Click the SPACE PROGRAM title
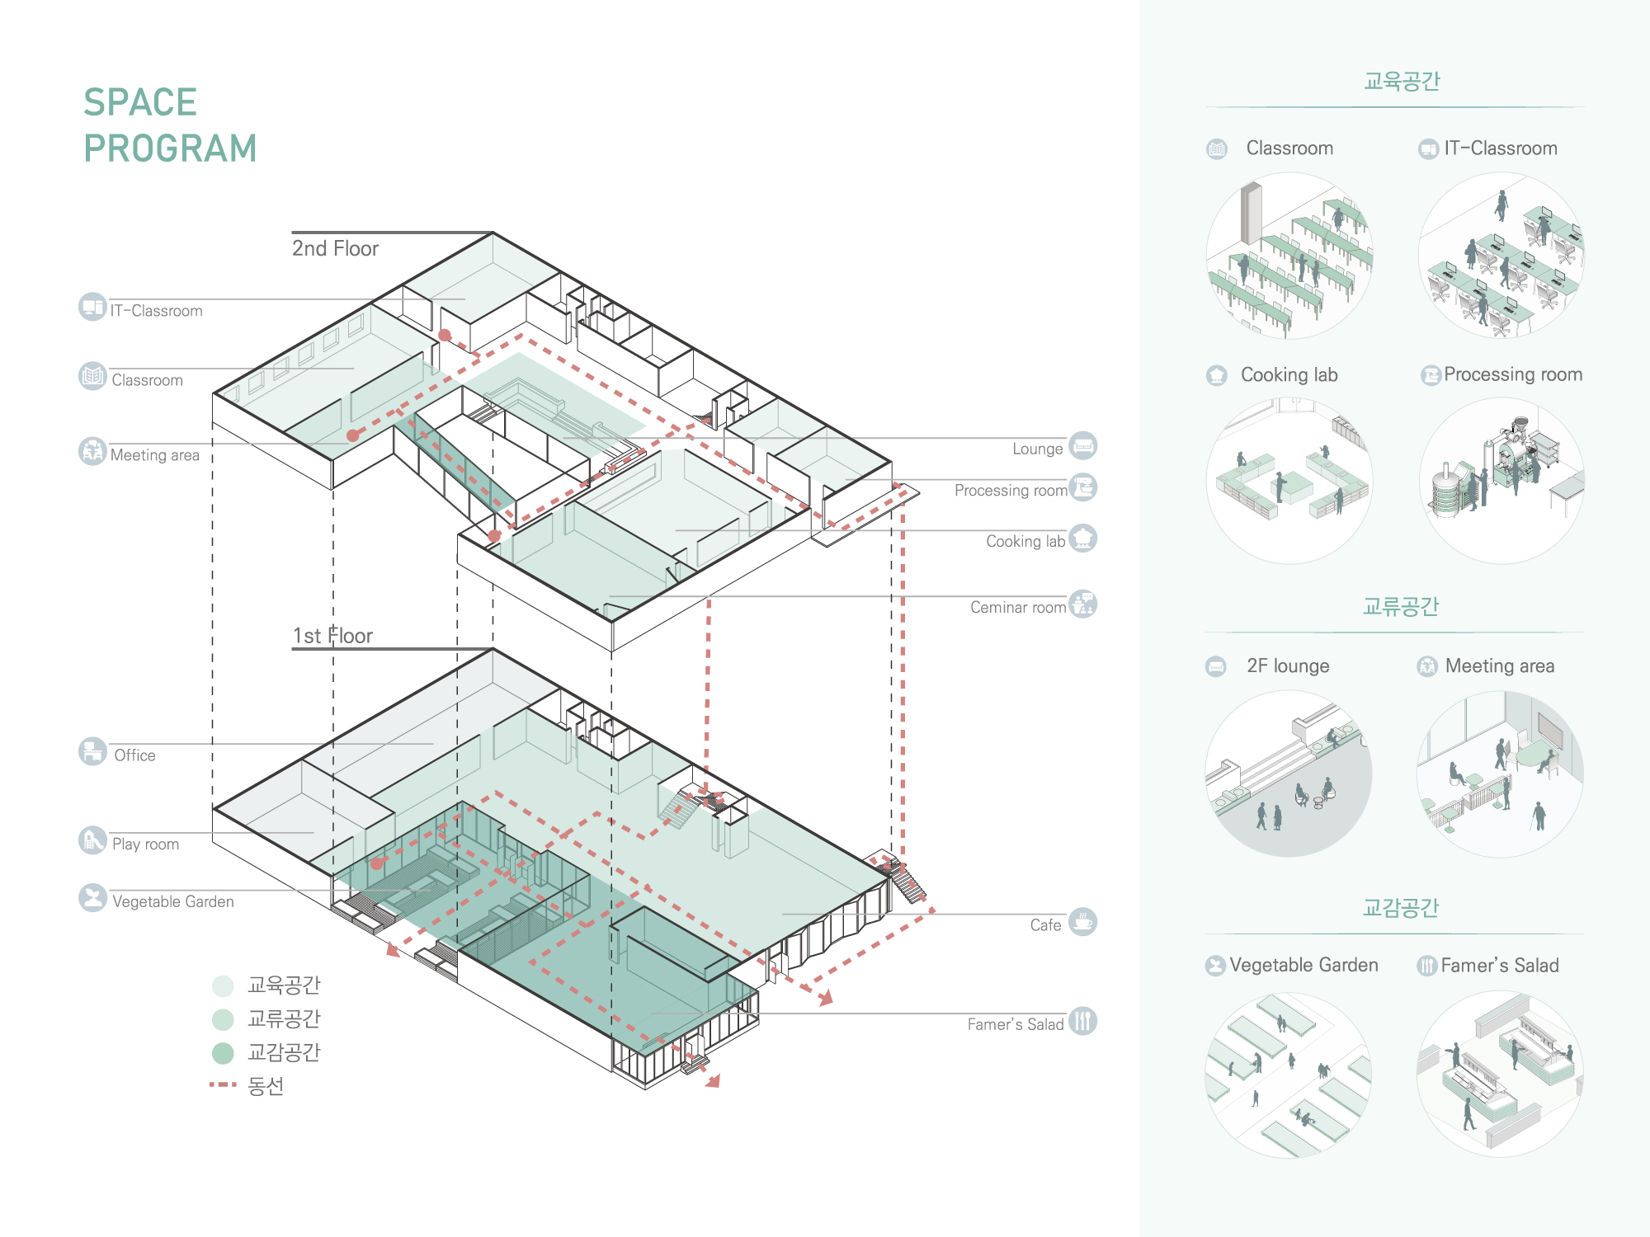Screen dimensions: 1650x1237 coord(170,125)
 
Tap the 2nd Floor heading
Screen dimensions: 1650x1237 coord(335,248)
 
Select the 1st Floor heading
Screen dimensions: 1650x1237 coord(332,636)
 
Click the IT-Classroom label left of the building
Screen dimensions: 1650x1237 coord(157,311)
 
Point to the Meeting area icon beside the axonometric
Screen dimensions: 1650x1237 coord(92,451)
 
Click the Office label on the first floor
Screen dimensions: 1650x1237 coord(134,755)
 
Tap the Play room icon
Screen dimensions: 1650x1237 coord(92,840)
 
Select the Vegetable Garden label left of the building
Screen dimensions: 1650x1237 coord(173,902)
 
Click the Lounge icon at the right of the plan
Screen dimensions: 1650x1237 coord(1083,446)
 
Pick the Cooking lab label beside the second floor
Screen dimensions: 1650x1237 coord(1025,542)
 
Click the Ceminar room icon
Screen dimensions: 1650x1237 coord(1083,604)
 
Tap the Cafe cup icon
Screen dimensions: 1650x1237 coord(1083,921)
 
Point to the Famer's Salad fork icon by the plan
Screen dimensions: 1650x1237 coord(1083,1021)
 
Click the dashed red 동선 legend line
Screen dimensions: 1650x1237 coord(223,1084)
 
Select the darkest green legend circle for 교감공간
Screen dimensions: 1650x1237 coord(223,1053)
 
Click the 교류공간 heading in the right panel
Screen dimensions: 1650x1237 coord(1401,607)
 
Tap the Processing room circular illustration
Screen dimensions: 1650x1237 coord(1501,481)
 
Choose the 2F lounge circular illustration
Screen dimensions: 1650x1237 coord(1289,774)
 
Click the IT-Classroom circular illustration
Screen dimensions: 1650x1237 coord(1501,255)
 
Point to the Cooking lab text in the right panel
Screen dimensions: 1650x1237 coord(1289,375)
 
